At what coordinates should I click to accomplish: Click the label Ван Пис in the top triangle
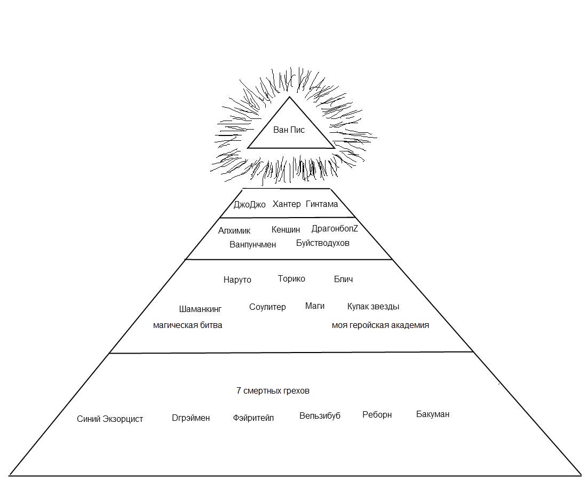[x=289, y=130]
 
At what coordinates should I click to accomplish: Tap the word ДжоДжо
[x=249, y=205]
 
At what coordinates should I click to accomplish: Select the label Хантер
[x=287, y=204]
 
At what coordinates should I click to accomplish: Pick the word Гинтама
[x=322, y=204]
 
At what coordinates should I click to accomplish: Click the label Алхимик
[x=234, y=230]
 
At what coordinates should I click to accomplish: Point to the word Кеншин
[x=285, y=230]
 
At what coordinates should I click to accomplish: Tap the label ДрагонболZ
[x=335, y=229]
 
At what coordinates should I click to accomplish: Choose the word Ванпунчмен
[x=253, y=244]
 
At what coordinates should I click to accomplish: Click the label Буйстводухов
[x=323, y=243]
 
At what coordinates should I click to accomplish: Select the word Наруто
[x=237, y=279]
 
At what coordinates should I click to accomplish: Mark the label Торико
[x=291, y=278]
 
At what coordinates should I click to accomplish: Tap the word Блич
[x=343, y=279]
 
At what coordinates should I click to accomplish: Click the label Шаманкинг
[x=200, y=309]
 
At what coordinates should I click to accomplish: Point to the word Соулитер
[x=267, y=307]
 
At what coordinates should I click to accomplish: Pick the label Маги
[x=315, y=306]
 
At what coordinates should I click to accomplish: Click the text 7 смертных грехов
[x=273, y=390]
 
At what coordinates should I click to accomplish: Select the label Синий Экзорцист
[x=110, y=419]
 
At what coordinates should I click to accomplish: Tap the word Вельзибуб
[x=320, y=415]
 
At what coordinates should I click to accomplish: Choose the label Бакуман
[x=433, y=414]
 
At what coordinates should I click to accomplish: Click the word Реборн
[x=377, y=414]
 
